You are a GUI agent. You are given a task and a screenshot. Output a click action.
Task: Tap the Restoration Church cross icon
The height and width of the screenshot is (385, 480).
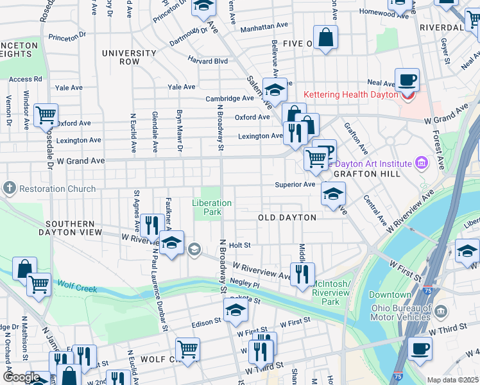[x=9, y=189]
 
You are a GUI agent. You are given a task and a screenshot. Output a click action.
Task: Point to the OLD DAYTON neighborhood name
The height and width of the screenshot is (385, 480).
[x=287, y=218]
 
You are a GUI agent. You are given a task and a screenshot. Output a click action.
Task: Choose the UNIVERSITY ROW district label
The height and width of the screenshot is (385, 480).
[x=129, y=57]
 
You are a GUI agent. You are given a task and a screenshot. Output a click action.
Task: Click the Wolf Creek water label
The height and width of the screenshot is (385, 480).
[x=76, y=284]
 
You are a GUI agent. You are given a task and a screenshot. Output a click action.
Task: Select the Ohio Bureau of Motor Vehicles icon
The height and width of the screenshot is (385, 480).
[x=441, y=312]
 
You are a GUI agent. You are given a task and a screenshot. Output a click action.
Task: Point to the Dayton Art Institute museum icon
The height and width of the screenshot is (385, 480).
[x=422, y=163]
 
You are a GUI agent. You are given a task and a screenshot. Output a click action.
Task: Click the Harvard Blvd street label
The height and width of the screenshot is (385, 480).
[x=208, y=61]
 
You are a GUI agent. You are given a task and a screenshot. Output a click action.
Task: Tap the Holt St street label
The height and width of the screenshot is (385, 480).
[x=239, y=245]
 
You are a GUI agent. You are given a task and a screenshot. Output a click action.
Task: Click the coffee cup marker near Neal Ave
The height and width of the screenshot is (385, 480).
[x=407, y=81]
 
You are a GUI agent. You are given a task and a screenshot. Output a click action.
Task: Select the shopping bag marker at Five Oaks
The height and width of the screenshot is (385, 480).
[x=326, y=38]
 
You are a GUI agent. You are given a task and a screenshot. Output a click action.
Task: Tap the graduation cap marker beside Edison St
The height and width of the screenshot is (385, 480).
[x=236, y=312]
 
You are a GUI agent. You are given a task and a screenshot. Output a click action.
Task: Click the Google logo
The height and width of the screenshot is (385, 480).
[x=21, y=377]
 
